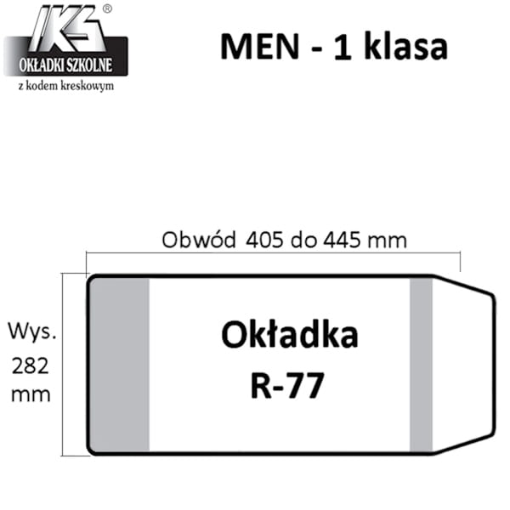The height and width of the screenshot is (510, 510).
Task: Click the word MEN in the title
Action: coord(259,47)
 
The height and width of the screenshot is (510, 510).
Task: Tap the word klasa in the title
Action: coord(406,46)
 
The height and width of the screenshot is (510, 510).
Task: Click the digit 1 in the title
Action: coord(343,47)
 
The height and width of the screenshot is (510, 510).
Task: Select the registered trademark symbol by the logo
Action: coord(107,8)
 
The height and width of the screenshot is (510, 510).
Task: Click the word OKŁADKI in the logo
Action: coord(40,65)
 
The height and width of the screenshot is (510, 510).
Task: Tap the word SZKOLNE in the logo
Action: coord(88,65)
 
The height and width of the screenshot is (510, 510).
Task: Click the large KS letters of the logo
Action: coord(69,28)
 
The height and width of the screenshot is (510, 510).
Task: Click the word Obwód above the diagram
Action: coord(199,240)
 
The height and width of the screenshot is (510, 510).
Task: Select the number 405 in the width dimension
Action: coord(264,241)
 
